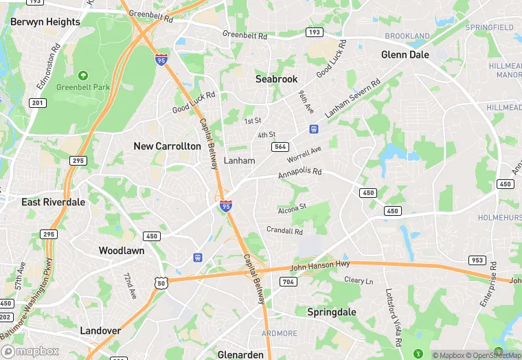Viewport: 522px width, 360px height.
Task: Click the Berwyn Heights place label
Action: coord(45,22)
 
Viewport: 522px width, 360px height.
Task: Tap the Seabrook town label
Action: coord(277,79)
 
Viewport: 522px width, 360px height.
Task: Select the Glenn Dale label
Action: coord(405,55)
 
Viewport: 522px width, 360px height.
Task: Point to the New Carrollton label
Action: coord(168,146)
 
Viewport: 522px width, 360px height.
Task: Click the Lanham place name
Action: coord(240,161)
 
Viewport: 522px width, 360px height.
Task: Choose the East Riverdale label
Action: coord(53,203)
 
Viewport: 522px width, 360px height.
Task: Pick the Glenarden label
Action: coord(240,355)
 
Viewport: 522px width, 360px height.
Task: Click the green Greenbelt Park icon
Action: coord(83,75)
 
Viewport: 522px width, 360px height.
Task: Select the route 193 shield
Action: coord(315,32)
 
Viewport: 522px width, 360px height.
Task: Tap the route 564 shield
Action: coord(280,146)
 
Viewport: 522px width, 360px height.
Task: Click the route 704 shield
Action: coord(288,282)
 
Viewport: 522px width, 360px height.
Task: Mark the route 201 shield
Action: coord(37,103)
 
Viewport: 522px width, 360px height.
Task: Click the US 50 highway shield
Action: coord(161,282)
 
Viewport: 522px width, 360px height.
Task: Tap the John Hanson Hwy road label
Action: coord(321,263)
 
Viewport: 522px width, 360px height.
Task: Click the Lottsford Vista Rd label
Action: coord(392,317)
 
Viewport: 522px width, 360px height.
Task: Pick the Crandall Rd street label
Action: coord(285,232)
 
